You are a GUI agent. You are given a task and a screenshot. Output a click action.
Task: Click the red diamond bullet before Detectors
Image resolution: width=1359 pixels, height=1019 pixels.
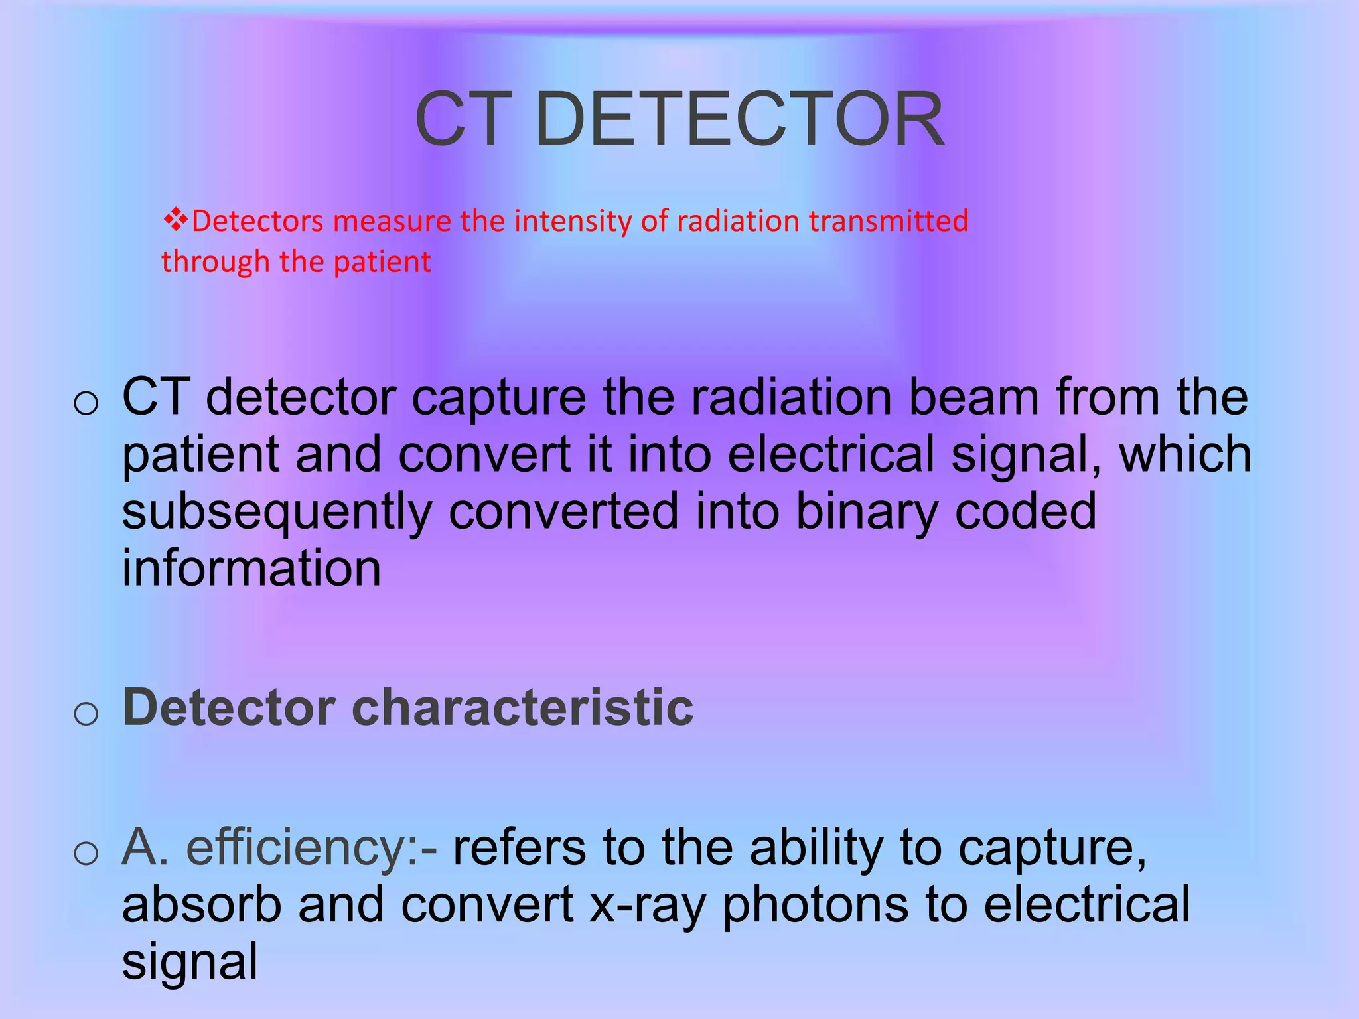click(x=175, y=219)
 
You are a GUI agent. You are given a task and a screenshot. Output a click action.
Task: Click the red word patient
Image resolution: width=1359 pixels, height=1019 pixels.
click(x=382, y=262)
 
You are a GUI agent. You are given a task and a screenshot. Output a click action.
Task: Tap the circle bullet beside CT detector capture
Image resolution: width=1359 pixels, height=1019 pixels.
click(x=86, y=403)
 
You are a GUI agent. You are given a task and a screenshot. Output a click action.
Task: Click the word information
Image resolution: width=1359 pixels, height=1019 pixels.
click(x=251, y=569)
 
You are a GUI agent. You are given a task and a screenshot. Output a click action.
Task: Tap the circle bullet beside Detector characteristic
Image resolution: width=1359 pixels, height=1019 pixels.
click(x=86, y=714)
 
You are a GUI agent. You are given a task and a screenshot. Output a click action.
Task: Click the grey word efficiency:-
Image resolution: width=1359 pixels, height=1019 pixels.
click(x=312, y=848)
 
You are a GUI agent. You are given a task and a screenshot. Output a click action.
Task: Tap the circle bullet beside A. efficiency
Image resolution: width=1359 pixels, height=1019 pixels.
click(x=86, y=853)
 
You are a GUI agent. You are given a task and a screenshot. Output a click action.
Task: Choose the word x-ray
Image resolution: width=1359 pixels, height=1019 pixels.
click(x=647, y=906)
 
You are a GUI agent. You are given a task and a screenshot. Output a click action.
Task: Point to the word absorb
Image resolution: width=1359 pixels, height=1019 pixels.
click(x=202, y=905)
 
